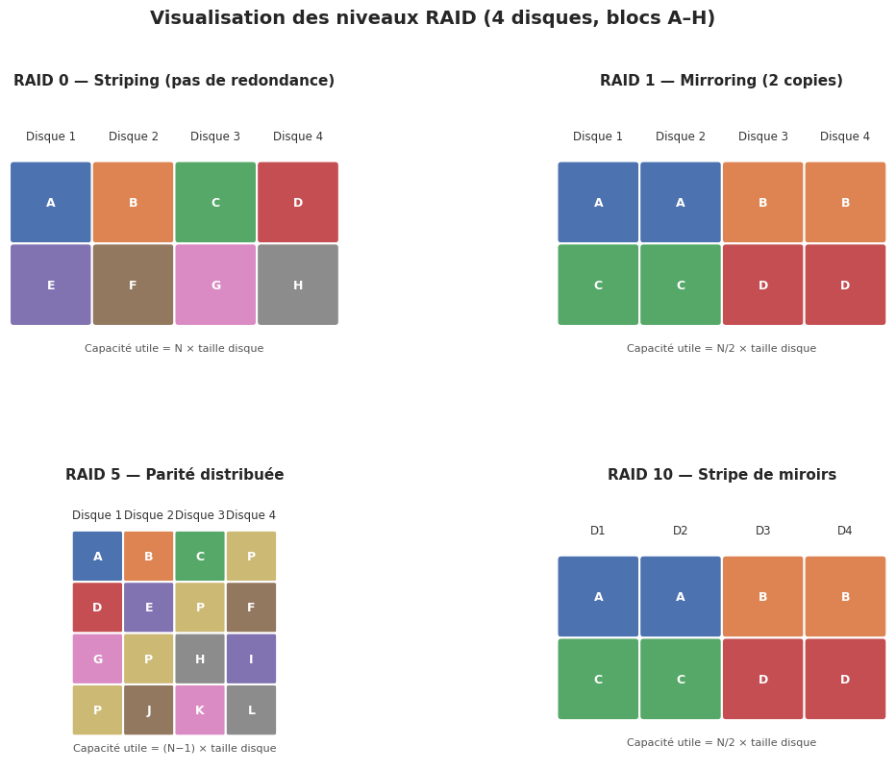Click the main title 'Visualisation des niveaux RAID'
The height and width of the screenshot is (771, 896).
tap(433, 19)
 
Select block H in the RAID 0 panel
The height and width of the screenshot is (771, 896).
tap(298, 285)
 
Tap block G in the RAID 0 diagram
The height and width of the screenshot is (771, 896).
tap(215, 285)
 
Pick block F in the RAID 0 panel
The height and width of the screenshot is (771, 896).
tap(133, 285)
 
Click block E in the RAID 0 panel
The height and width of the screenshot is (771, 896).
tap(51, 285)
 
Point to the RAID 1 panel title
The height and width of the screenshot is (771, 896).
tap(721, 81)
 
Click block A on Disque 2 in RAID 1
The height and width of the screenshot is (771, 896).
tap(681, 202)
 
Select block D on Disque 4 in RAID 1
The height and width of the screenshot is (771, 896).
tap(845, 285)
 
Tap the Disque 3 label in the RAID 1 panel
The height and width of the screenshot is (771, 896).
tap(762, 137)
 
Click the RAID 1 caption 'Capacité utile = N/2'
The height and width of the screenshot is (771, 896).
tap(721, 349)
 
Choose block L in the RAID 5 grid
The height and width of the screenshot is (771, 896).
tap(251, 710)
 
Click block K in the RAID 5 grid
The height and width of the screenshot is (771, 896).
tap(200, 710)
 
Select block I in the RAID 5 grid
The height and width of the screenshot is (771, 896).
tap(251, 659)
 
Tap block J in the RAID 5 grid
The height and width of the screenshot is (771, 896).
tap(149, 710)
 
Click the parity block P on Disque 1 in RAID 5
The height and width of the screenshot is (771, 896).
tap(97, 710)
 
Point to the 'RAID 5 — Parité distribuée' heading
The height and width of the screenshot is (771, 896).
tap(174, 475)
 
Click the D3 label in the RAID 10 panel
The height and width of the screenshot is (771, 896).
tap(762, 531)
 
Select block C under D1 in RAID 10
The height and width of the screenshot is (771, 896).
tap(598, 679)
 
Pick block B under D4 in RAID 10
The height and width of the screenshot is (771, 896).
tap(845, 596)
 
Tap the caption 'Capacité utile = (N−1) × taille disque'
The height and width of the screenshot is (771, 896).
tap(174, 749)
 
